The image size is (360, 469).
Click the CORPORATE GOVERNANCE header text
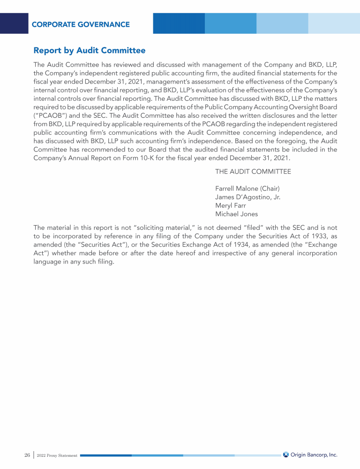click(81, 24)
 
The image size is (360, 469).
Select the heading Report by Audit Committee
click(90, 50)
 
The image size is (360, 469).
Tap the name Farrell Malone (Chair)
click(247, 189)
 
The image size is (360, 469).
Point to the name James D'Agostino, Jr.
click(247, 197)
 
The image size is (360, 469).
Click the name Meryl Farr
click(231, 205)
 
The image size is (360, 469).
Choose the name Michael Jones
click(236, 214)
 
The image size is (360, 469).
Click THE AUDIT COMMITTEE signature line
click(253, 171)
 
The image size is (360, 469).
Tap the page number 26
click(27, 455)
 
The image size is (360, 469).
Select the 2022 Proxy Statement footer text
click(57, 455)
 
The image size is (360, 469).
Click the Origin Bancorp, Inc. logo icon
click(286, 454)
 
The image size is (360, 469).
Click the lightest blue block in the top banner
click(334, 23)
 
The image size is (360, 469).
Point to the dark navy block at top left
click(14, 23)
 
